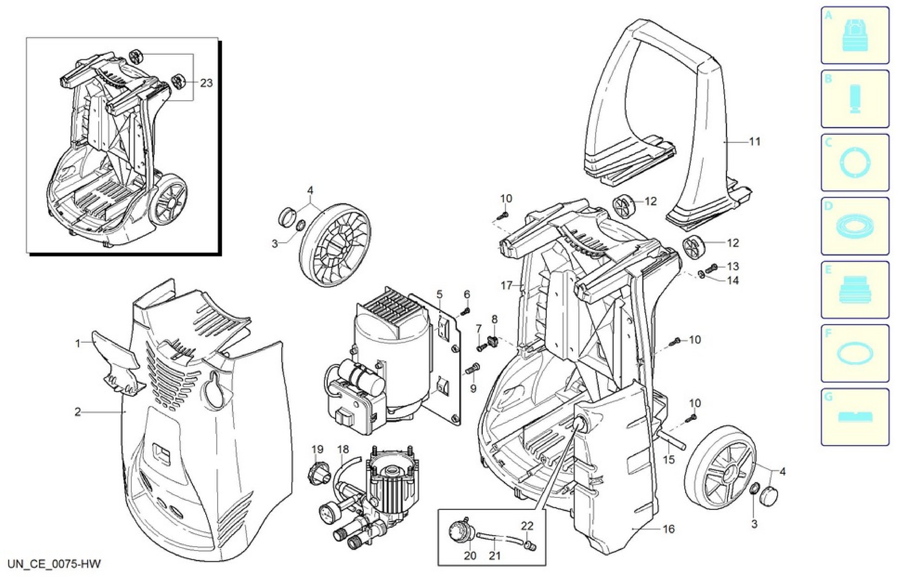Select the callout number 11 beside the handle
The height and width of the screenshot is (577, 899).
tap(755, 142)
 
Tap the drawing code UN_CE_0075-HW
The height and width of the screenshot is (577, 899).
tap(54, 564)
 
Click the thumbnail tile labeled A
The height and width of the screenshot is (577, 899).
tap(855, 35)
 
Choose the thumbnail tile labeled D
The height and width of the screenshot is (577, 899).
tap(855, 226)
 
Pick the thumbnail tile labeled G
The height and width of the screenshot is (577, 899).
tap(855, 417)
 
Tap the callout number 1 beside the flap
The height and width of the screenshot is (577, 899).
tap(78, 343)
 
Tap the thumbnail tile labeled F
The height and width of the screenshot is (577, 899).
tap(855, 353)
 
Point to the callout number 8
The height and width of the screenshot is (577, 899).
tap(494, 319)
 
